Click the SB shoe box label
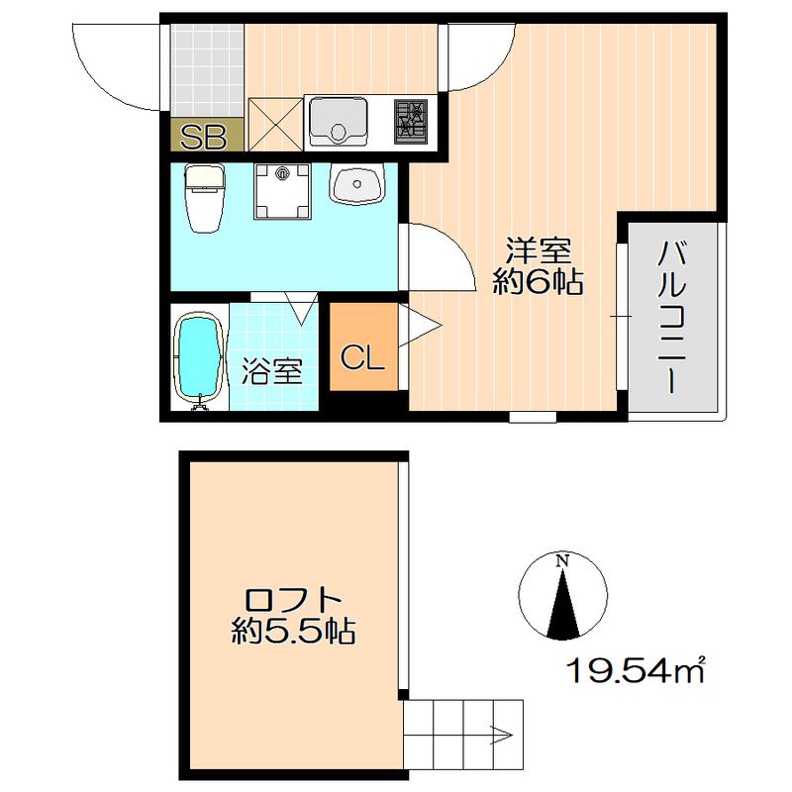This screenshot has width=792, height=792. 202,136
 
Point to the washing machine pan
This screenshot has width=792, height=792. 284,190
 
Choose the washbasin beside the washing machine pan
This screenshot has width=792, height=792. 356,184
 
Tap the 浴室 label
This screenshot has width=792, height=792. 272,372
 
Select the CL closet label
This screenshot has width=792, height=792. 362,358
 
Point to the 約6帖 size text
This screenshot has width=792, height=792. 538,282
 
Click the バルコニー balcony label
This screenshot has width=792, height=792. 672,316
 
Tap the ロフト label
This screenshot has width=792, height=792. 294,600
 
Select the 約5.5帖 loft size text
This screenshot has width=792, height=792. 294,632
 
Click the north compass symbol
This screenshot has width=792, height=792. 561,596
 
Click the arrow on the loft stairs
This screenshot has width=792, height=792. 499,736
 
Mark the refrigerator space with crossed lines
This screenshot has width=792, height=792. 275,123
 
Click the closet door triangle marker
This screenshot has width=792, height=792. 415,328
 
